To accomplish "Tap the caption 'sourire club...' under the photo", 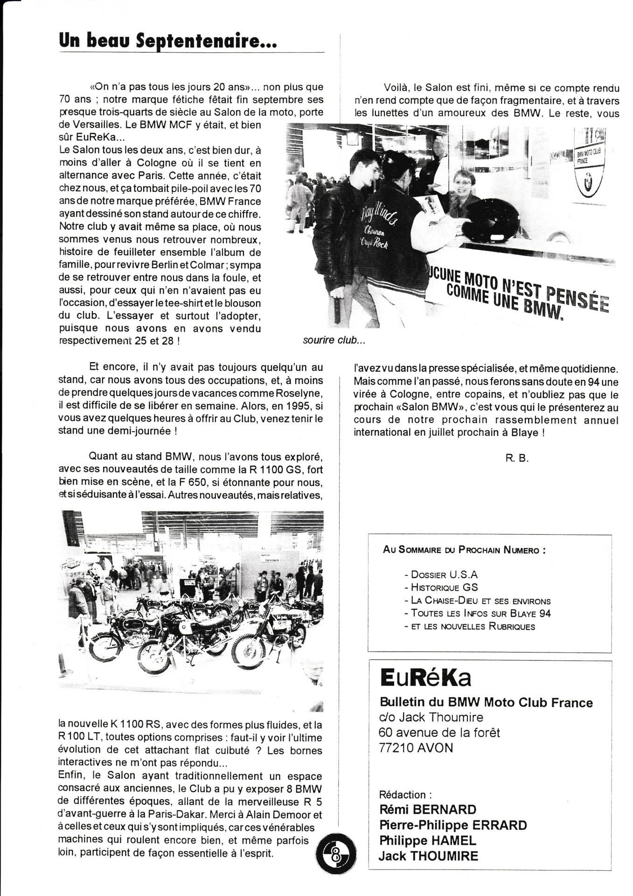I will click(x=334, y=340).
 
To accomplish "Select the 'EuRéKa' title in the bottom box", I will click(x=425, y=679).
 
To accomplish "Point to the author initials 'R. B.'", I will click(x=516, y=458).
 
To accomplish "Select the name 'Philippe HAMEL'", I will click(x=428, y=840).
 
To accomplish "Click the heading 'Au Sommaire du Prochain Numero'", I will click(x=464, y=550).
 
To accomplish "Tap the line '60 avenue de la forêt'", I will click(x=439, y=733).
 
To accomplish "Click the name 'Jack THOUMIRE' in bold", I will click(x=428, y=856).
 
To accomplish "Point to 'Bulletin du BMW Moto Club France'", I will click(x=486, y=702).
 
